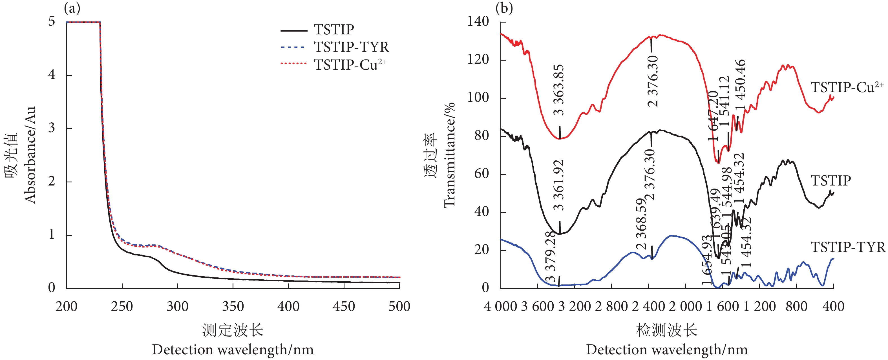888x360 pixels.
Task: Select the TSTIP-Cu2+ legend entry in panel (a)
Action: [x=350, y=65]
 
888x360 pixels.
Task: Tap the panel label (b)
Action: [x=504, y=8]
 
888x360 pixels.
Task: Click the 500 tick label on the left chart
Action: [x=399, y=306]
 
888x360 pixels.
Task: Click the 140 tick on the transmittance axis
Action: [x=478, y=21]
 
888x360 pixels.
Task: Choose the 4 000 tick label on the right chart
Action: [x=501, y=306]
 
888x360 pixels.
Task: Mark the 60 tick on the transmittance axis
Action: [x=481, y=173]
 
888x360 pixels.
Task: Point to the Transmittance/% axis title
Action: [x=449, y=155]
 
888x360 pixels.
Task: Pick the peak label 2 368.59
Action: [x=641, y=224]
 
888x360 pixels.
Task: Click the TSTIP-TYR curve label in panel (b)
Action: [x=848, y=248]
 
